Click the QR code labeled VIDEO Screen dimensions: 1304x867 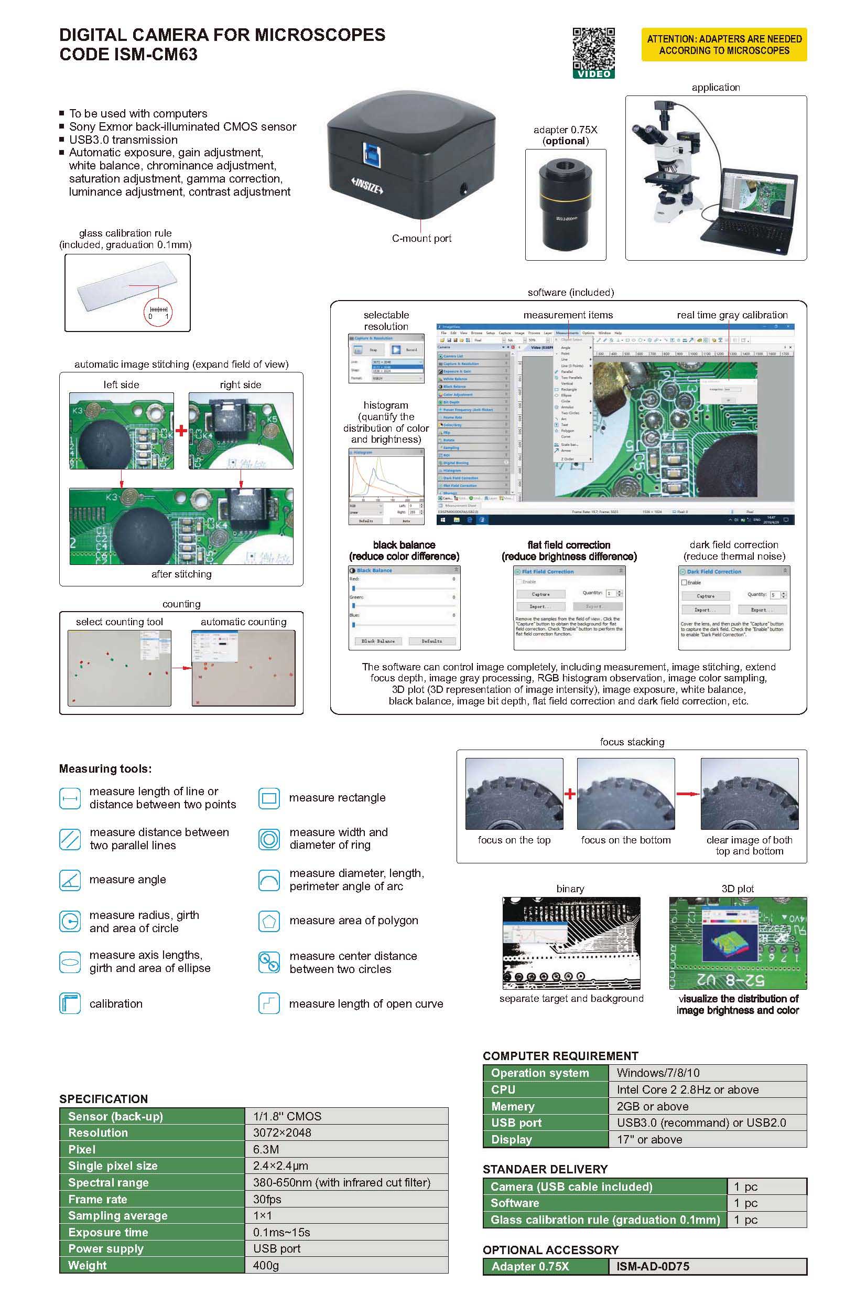(x=593, y=50)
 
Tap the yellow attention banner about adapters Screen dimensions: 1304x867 (x=724, y=45)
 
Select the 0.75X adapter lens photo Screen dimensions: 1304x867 (x=565, y=205)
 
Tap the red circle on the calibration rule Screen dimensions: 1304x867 (x=158, y=312)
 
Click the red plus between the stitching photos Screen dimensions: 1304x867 (x=181, y=431)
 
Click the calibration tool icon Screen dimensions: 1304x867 (x=70, y=1003)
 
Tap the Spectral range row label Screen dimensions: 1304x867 (x=109, y=1183)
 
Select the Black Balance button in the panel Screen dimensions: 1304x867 (x=378, y=641)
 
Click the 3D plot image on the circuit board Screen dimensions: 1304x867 (x=737, y=944)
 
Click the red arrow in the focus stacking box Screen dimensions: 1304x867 (x=687, y=794)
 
